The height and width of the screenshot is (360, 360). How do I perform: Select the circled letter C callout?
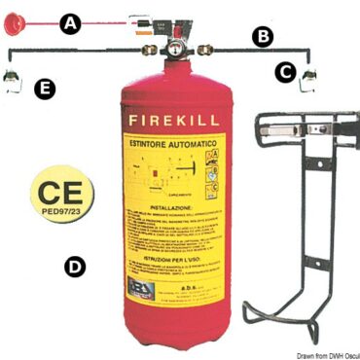click(x=284, y=71)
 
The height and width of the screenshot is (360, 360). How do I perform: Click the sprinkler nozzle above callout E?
click(x=14, y=79)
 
